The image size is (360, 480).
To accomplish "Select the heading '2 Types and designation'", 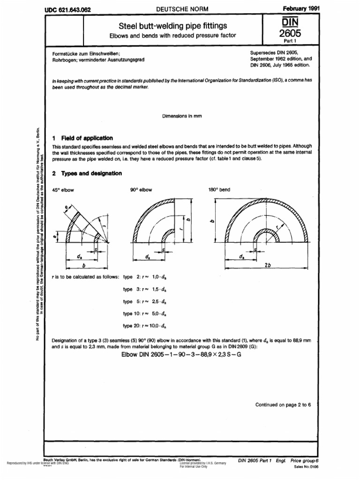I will click(87, 173).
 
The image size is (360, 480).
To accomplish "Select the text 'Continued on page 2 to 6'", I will click(283, 404).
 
